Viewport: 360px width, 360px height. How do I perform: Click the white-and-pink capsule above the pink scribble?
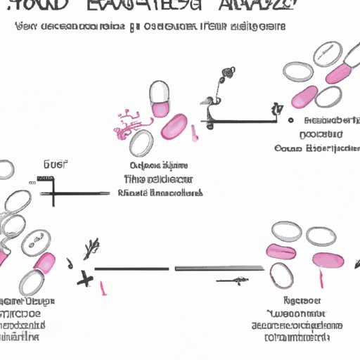click(x=160, y=98)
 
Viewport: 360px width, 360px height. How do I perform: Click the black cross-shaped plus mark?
click(x=86, y=278)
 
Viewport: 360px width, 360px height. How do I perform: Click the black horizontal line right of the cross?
click(x=132, y=269)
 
